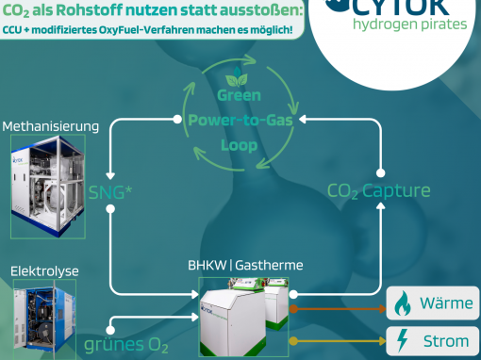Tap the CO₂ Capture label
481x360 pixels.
378,191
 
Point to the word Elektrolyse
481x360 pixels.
44,271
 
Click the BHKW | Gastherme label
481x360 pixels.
245,266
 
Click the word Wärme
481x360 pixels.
444,304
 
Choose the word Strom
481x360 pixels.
443,340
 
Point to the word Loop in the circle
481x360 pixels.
238,146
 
